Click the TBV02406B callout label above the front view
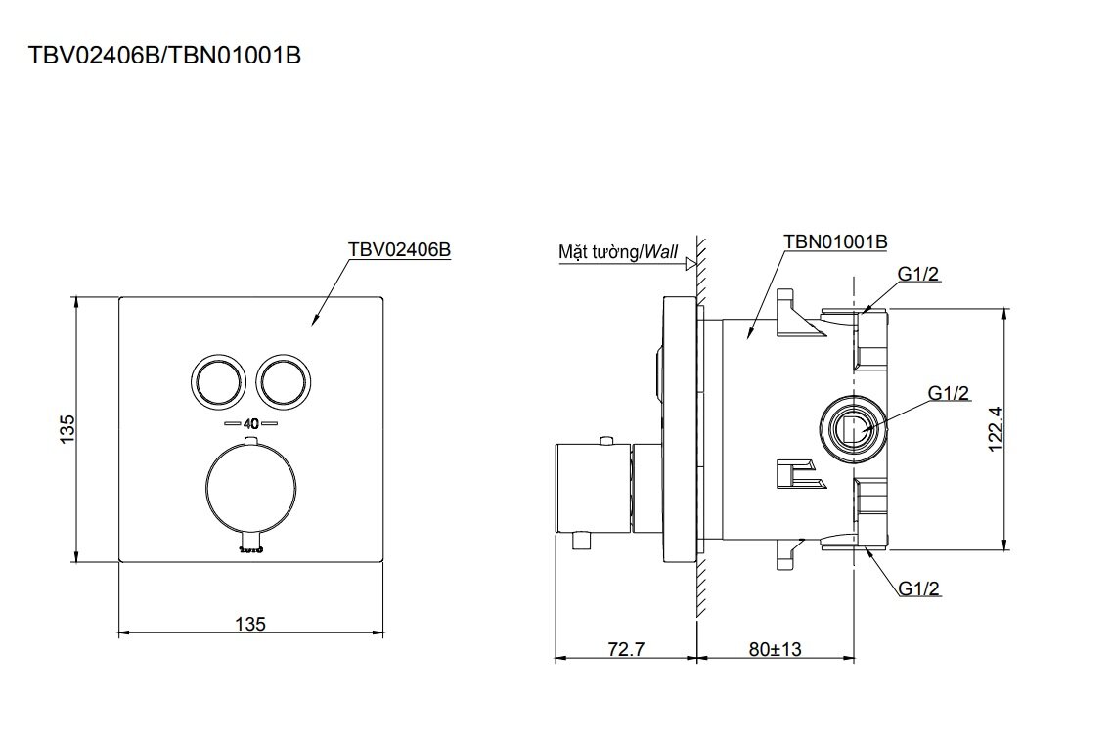(398, 249)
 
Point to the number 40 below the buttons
(250, 425)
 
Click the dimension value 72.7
(626, 649)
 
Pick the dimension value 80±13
(776, 649)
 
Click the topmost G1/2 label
(919, 275)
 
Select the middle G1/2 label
(949, 393)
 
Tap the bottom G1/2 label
(919, 588)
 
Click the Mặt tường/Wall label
(618, 252)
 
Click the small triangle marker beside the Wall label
(690, 263)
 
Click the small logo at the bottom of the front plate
(250, 550)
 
